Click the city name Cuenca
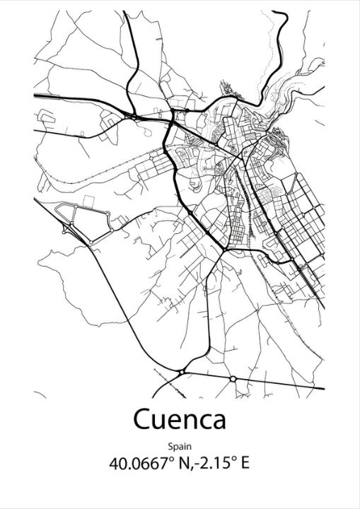click(180, 419)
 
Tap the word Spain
click(180, 446)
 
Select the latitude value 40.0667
click(138, 464)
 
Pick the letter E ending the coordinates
click(245, 464)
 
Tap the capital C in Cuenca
click(141, 419)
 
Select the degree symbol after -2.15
click(232, 460)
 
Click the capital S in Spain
click(171, 446)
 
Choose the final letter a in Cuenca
click(219, 421)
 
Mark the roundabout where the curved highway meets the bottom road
click(182, 370)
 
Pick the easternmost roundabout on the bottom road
click(233, 379)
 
